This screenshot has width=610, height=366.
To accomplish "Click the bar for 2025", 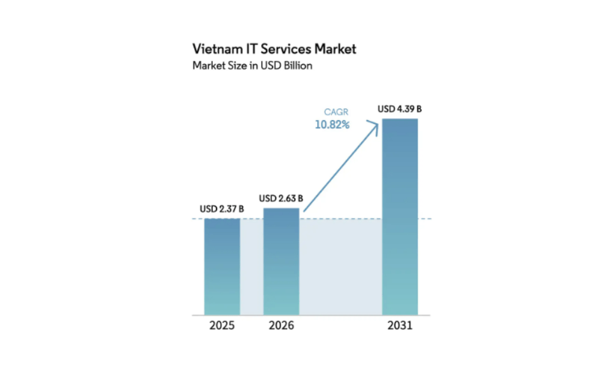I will click(x=222, y=266).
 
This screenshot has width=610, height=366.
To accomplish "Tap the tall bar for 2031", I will click(x=400, y=217).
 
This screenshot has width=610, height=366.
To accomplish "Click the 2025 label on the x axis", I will click(x=222, y=326).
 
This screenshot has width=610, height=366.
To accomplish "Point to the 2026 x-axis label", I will click(x=281, y=326).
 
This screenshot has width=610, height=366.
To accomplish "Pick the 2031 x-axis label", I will click(x=400, y=326).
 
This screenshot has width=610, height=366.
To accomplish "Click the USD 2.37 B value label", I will click(x=222, y=209).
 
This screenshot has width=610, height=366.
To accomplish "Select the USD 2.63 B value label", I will click(x=281, y=198).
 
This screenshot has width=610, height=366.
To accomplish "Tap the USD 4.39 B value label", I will click(x=400, y=109).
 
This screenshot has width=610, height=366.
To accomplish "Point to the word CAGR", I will click(x=336, y=112).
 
